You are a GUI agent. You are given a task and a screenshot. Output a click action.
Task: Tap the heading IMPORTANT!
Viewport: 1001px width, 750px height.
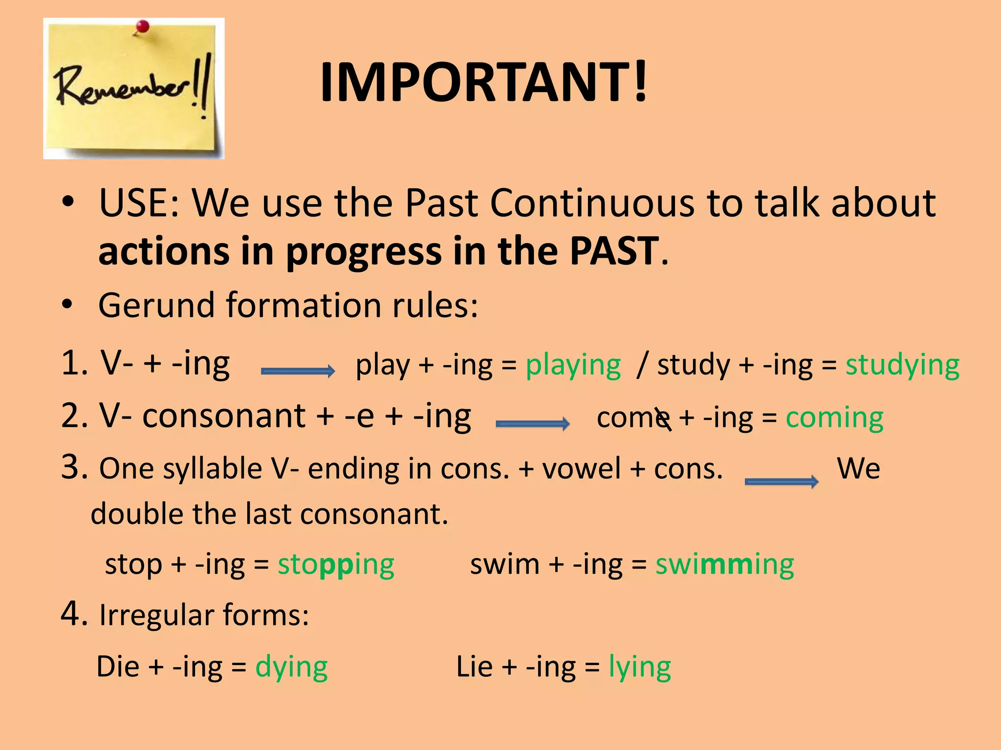483,82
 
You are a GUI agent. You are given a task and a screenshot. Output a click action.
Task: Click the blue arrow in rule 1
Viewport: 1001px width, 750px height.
298,371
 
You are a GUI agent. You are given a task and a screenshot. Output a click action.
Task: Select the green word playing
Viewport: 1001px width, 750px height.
573,365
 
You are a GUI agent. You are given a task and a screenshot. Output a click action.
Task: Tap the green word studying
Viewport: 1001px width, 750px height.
902,365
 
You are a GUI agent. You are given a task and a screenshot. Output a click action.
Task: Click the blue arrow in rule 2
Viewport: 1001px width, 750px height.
532,423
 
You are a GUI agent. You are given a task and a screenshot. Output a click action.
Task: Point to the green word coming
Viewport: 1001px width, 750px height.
834,418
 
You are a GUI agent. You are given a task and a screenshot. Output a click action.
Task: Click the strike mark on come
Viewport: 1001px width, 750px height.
663,419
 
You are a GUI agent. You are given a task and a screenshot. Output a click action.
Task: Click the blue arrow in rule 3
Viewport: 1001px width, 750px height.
781,482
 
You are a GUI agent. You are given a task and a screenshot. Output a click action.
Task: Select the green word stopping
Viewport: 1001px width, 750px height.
336,565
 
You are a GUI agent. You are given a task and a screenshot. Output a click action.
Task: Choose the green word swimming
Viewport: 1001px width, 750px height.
724,565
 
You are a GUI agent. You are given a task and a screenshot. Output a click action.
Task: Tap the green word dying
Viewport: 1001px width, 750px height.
291,667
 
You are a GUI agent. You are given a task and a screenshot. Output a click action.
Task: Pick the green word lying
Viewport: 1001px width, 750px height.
639,667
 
